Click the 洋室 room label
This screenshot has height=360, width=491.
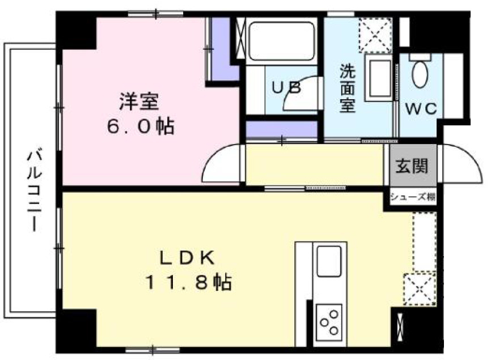tap(138, 102)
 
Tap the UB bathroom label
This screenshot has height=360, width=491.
tap(285, 88)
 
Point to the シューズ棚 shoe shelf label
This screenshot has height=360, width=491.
tap(413, 197)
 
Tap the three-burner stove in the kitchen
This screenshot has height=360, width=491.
tap(329, 321)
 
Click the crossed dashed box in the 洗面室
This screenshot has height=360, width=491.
tap(376, 34)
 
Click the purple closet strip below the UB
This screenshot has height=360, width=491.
tap(281, 129)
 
